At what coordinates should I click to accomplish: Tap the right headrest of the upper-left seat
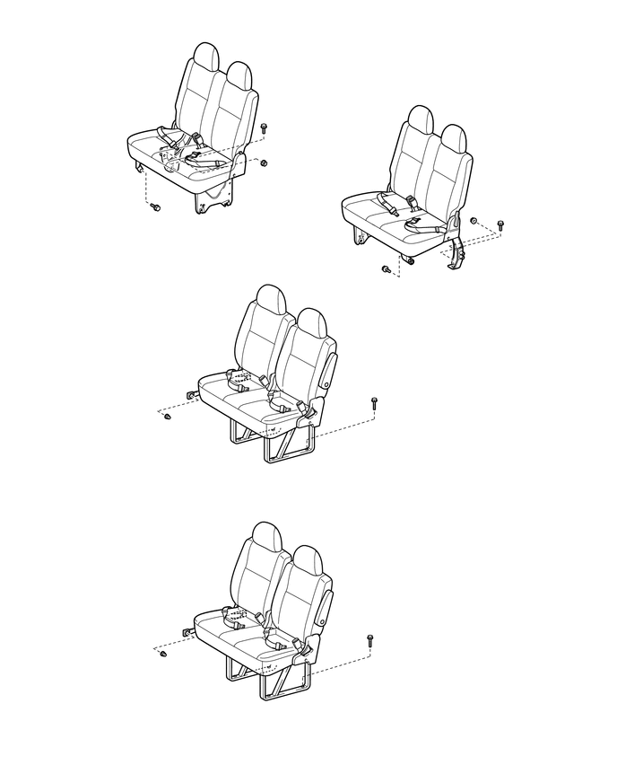click(x=239, y=75)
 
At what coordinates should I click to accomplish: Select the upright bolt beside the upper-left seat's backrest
click(x=264, y=129)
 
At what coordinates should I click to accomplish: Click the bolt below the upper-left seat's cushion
click(x=155, y=208)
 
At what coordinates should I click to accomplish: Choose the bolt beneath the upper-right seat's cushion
click(x=386, y=268)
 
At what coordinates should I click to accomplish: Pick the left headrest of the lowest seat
click(x=267, y=536)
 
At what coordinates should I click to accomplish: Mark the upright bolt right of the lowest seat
click(x=369, y=639)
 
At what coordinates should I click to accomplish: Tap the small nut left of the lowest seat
click(x=164, y=656)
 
